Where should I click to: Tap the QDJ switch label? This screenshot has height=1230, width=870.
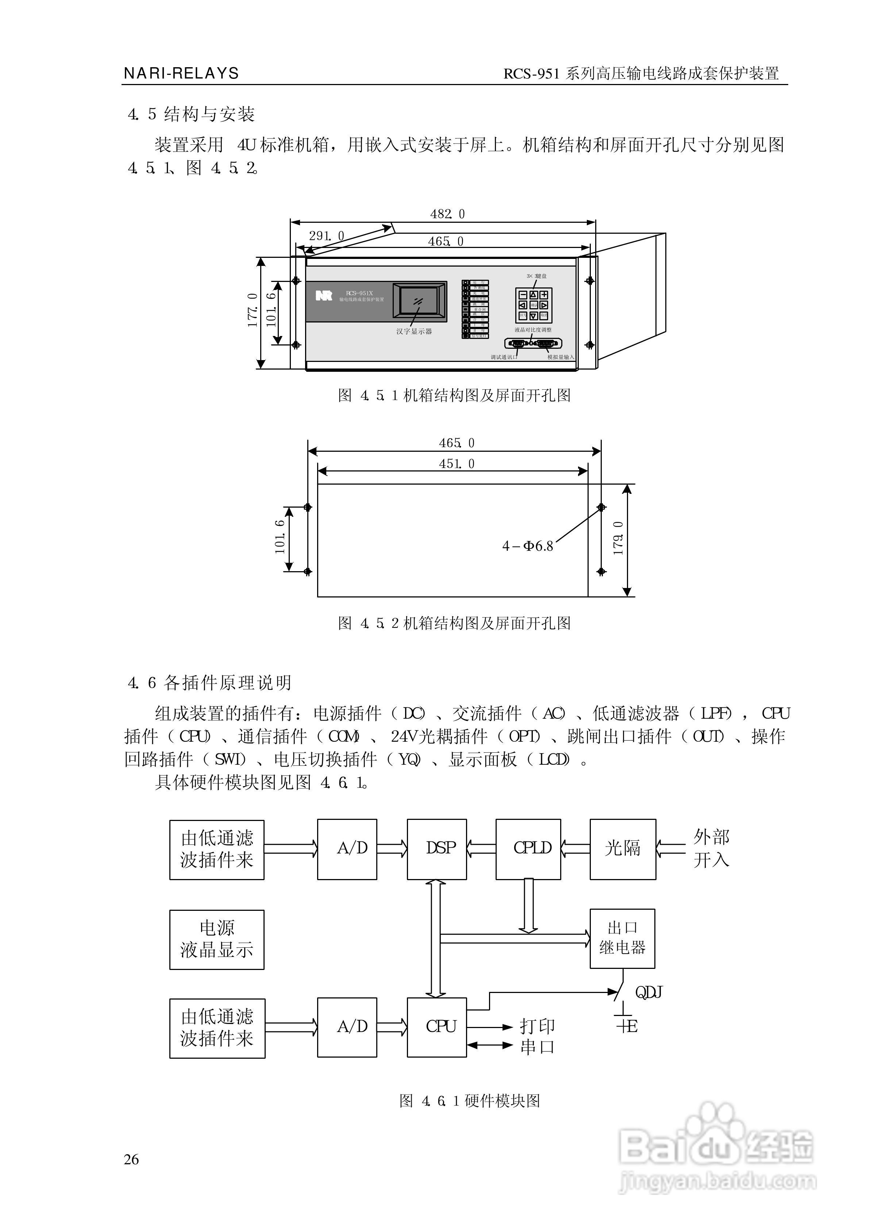pyautogui.click(x=649, y=993)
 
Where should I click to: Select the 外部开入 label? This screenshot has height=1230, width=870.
pyautogui.click(x=711, y=848)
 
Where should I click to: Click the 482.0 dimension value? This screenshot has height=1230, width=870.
pyautogui.click(x=447, y=214)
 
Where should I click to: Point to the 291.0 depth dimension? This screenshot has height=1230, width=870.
pyautogui.click(x=326, y=236)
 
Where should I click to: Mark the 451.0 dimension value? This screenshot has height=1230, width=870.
pyautogui.click(x=457, y=463)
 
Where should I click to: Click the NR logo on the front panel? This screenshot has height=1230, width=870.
pyautogui.click(x=324, y=295)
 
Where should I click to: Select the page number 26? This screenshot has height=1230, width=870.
pyautogui.click(x=131, y=1159)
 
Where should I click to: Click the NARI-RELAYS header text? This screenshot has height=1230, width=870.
pyautogui.click(x=181, y=73)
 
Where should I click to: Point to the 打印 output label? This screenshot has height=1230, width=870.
pyautogui.click(x=537, y=1026)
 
